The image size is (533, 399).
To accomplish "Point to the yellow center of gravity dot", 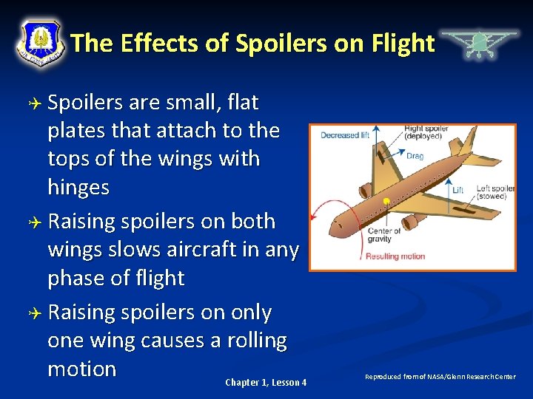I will pyautogui.click(x=386, y=201).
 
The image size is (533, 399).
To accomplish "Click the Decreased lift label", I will pyautogui.click(x=345, y=135).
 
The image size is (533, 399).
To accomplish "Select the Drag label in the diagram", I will pyautogui.click(x=415, y=156).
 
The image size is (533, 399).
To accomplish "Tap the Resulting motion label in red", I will pyautogui.click(x=395, y=256).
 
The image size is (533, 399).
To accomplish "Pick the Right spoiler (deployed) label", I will pyautogui.click(x=426, y=133).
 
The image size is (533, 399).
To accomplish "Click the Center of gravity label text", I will pyautogui.click(x=383, y=235).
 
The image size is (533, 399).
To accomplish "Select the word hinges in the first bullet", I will pyautogui.click(x=78, y=187).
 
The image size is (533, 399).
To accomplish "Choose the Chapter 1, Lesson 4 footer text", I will pyautogui.click(x=266, y=382).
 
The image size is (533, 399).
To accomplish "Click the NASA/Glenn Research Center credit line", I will pyautogui.click(x=440, y=377).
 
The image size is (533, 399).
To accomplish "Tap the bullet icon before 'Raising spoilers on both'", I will pyautogui.click(x=33, y=222).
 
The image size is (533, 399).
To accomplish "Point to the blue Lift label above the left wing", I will pyautogui.click(x=457, y=191).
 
